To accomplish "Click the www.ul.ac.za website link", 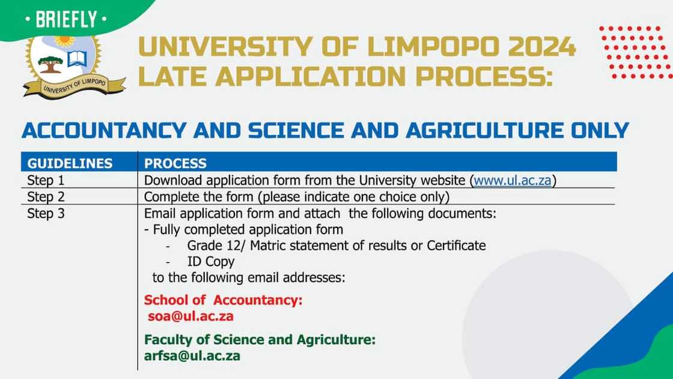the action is pyautogui.click(x=512, y=180).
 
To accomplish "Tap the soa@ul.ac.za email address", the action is pyautogui.click(x=190, y=316).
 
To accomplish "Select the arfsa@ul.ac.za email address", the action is pyautogui.click(x=192, y=356).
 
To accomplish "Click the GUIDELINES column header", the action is pyautogui.click(x=70, y=163).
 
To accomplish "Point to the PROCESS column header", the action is pyautogui.click(x=175, y=163).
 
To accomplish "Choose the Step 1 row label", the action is pyautogui.click(x=46, y=180).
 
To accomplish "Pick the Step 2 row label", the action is pyautogui.click(x=46, y=197).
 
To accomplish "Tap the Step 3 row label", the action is pyautogui.click(x=46, y=214).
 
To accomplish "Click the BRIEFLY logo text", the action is pyautogui.click(x=66, y=19).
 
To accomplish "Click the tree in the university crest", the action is pyautogui.click(x=50, y=64).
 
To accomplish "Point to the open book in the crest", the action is pyautogui.click(x=78, y=59).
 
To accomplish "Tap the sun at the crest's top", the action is pyautogui.click(x=64, y=40).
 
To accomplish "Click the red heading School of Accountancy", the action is pyautogui.click(x=223, y=300).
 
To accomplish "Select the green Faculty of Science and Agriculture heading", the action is pyautogui.click(x=260, y=339).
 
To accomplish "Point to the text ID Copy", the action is pyautogui.click(x=211, y=261).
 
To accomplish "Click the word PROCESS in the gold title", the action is pyautogui.click(x=484, y=76).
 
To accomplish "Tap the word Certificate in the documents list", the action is pyautogui.click(x=456, y=245).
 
